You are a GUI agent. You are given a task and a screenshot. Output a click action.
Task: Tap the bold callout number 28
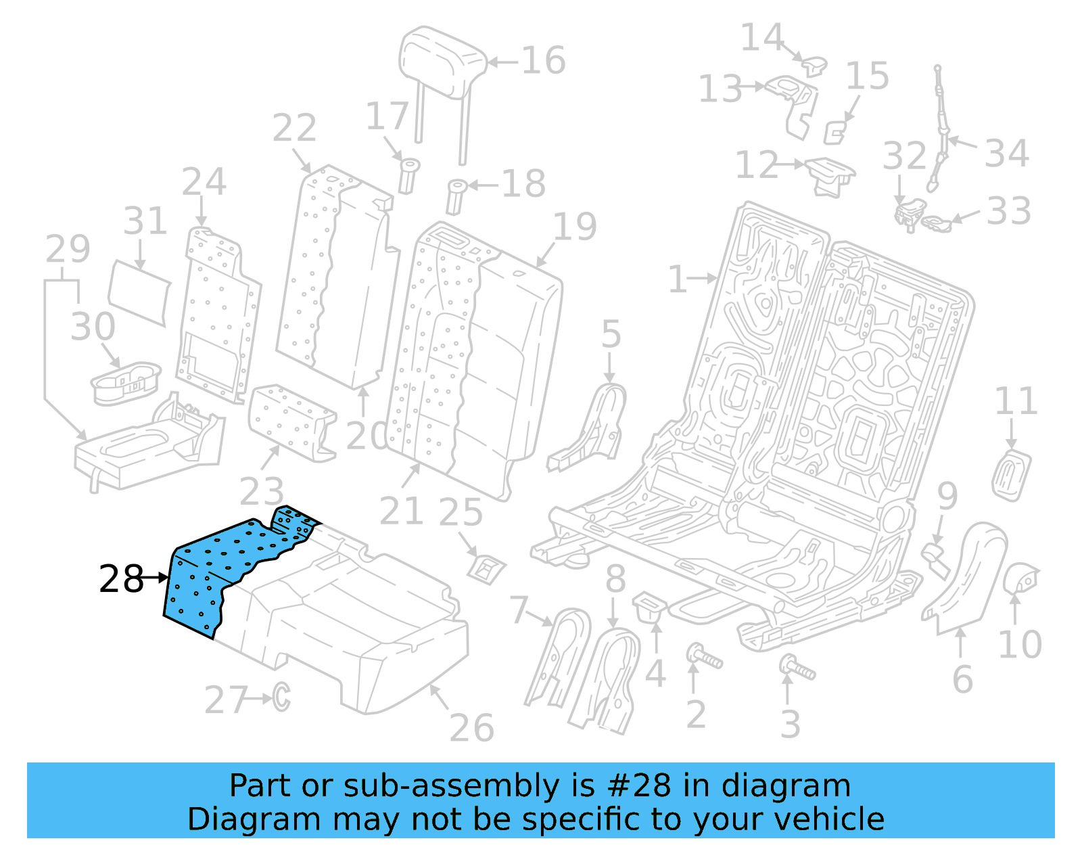point(121,580)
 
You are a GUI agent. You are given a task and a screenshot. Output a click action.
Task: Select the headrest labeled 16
point(443,61)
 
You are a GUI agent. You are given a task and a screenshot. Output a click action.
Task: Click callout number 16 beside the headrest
point(543,61)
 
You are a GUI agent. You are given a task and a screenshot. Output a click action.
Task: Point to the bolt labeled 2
point(704,656)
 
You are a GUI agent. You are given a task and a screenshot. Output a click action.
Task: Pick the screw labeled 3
point(798,668)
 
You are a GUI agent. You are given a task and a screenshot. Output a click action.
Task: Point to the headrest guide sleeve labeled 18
point(456,196)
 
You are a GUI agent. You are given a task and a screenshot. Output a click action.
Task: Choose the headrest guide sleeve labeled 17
point(408,175)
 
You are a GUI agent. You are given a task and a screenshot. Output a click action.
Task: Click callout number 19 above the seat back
point(575,227)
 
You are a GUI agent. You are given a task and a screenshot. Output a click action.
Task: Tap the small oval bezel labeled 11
point(1012,475)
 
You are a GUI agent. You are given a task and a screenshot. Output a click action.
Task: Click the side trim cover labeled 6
point(964,575)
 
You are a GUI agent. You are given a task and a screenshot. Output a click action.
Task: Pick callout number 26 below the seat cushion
point(471,728)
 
